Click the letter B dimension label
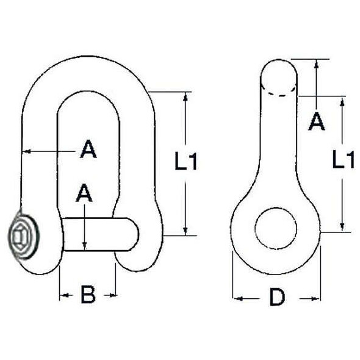tap(88, 294)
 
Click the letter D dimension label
tap(278, 298)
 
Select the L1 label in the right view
tap(344, 159)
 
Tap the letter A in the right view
tap(317, 121)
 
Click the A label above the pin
tap(84, 193)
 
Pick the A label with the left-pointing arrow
tap(88, 149)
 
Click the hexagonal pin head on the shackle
tap(23, 236)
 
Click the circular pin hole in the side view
tap(276, 228)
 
